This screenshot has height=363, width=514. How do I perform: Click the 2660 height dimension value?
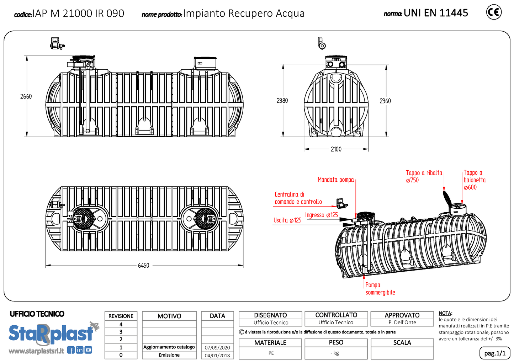point(26,96)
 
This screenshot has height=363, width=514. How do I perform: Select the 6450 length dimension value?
point(143,265)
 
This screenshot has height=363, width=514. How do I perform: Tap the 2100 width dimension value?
point(336,149)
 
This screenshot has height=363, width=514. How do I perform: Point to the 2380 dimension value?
point(282,101)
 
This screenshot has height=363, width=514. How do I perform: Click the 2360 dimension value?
point(385,101)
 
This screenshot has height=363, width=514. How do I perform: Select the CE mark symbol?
point(494,12)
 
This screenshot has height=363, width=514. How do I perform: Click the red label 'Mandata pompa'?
point(335,180)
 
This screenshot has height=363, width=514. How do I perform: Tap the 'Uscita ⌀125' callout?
point(287,220)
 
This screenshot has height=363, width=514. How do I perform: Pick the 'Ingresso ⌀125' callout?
point(321,215)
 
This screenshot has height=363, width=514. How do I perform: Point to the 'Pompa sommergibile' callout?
point(380,289)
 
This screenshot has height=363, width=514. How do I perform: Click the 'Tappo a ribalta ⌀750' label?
point(424,176)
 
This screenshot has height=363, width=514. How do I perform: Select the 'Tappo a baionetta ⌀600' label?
point(474,180)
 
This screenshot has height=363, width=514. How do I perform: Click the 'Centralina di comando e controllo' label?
point(298,198)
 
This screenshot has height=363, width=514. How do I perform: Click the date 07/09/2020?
point(217,347)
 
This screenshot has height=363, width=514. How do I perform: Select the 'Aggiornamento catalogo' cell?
point(169,347)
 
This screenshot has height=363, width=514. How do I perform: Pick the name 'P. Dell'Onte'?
point(402,322)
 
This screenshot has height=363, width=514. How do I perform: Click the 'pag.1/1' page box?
point(494,353)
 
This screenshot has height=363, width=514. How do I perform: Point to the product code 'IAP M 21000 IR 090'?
point(78,14)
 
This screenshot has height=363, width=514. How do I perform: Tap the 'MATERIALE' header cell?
point(270,343)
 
